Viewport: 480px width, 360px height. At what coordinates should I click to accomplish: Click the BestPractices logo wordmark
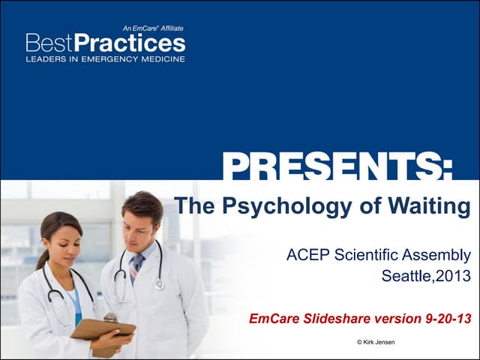[x=105, y=43]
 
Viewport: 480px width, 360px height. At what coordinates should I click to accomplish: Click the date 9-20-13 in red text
[x=445, y=319]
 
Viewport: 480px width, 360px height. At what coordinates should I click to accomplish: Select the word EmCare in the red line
[x=274, y=319]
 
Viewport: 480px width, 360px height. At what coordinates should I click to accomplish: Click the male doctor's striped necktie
[x=136, y=266]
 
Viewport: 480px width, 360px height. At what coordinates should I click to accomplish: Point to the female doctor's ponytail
[x=42, y=255]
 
